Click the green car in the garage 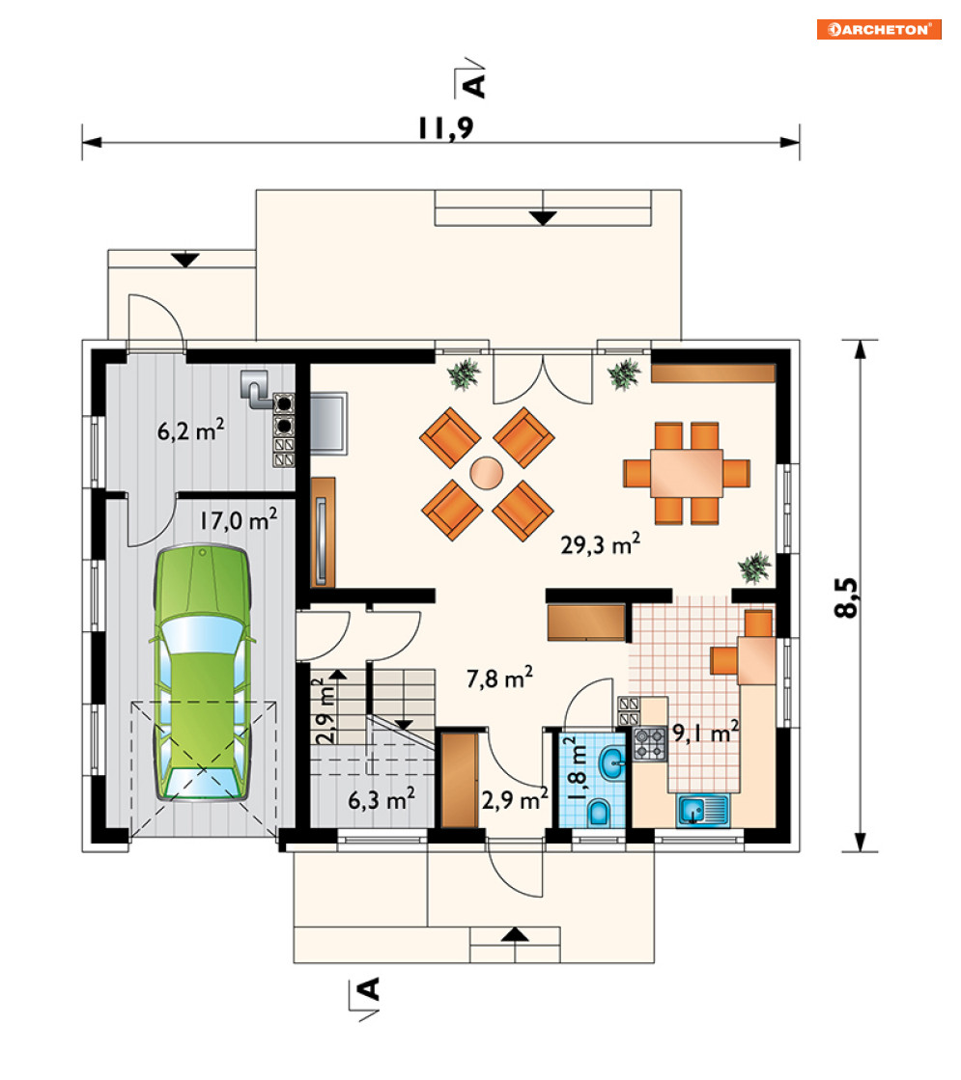[202, 673]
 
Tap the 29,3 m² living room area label [600, 544]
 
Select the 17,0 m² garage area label [239, 519]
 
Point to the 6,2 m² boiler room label [191, 429]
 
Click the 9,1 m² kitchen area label [705, 733]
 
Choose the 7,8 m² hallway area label [499, 678]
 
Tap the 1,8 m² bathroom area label [577, 768]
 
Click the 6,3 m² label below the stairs [382, 800]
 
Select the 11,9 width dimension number [446, 128]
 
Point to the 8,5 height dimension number [846, 596]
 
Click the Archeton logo [879, 30]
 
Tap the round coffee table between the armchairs [487, 473]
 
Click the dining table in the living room [687, 473]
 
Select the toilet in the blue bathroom [599, 812]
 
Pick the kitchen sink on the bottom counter [702, 810]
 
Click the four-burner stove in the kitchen [650, 744]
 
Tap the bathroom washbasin [611, 763]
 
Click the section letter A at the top [475, 85]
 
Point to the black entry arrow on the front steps [514, 934]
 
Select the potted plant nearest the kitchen [754, 568]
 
